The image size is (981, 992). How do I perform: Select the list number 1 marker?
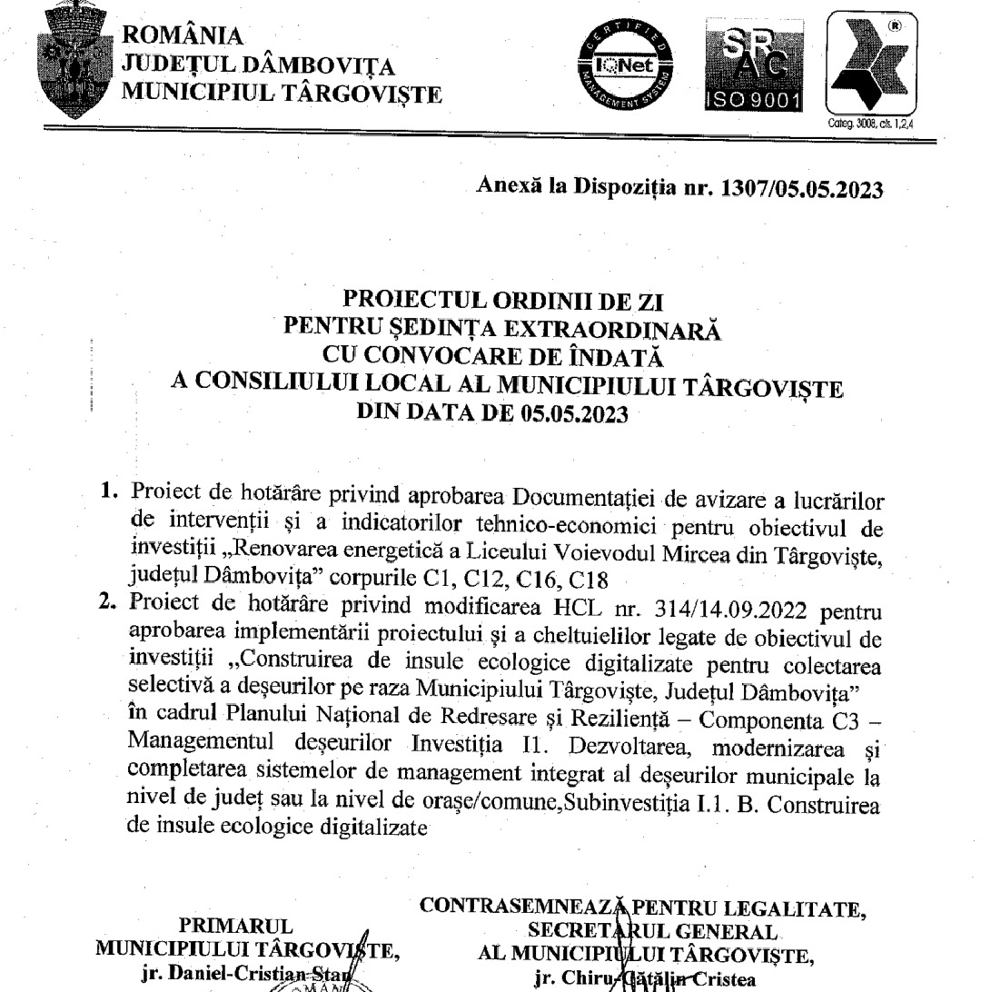click(x=110, y=491)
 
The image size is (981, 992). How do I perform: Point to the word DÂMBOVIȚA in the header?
click(x=309, y=64)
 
